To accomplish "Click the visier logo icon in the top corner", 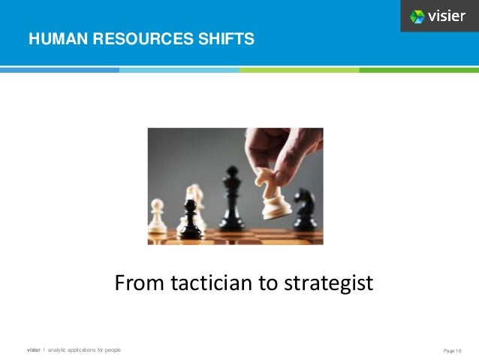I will [417, 16].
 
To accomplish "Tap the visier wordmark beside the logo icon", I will [447, 16].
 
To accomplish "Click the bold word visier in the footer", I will [34, 350].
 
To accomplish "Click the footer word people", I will [112, 350].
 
